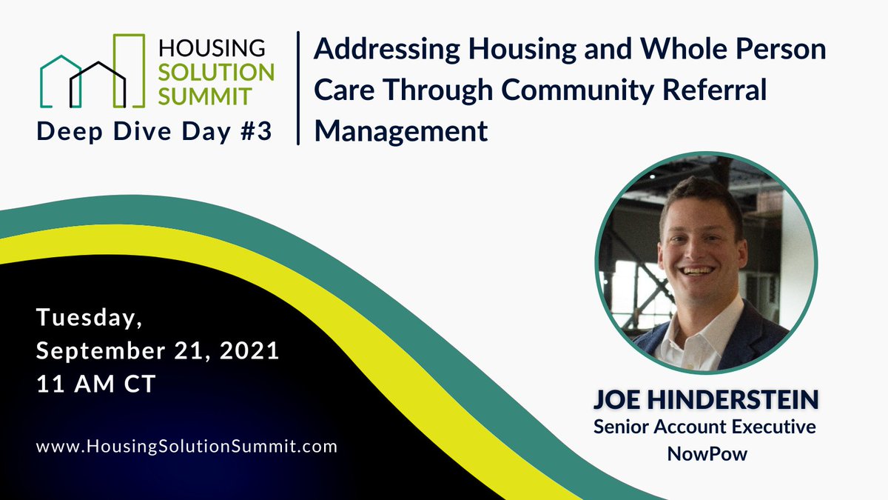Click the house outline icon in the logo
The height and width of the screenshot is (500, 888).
click(x=92, y=78)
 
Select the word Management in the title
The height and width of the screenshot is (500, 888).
click(x=401, y=132)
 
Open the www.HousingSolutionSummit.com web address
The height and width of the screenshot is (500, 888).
click(x=186, y=446)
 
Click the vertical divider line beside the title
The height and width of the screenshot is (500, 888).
click(x=298, y=87)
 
